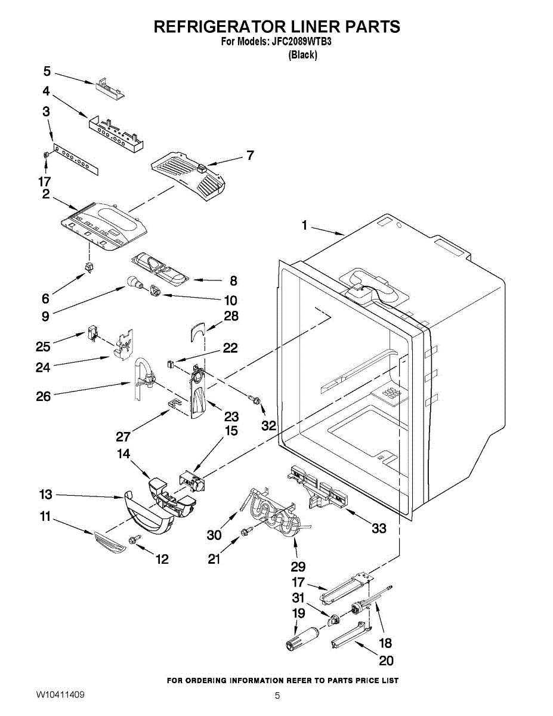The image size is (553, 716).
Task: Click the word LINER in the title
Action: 304,26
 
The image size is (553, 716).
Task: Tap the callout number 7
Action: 251,155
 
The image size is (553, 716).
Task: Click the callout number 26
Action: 44,396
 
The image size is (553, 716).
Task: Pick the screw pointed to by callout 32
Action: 255,400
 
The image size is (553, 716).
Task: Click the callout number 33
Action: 379,528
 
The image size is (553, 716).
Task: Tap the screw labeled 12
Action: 135,539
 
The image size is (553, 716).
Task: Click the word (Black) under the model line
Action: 302,55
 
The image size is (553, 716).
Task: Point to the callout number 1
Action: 304,226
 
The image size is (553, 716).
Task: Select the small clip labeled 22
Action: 170,364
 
